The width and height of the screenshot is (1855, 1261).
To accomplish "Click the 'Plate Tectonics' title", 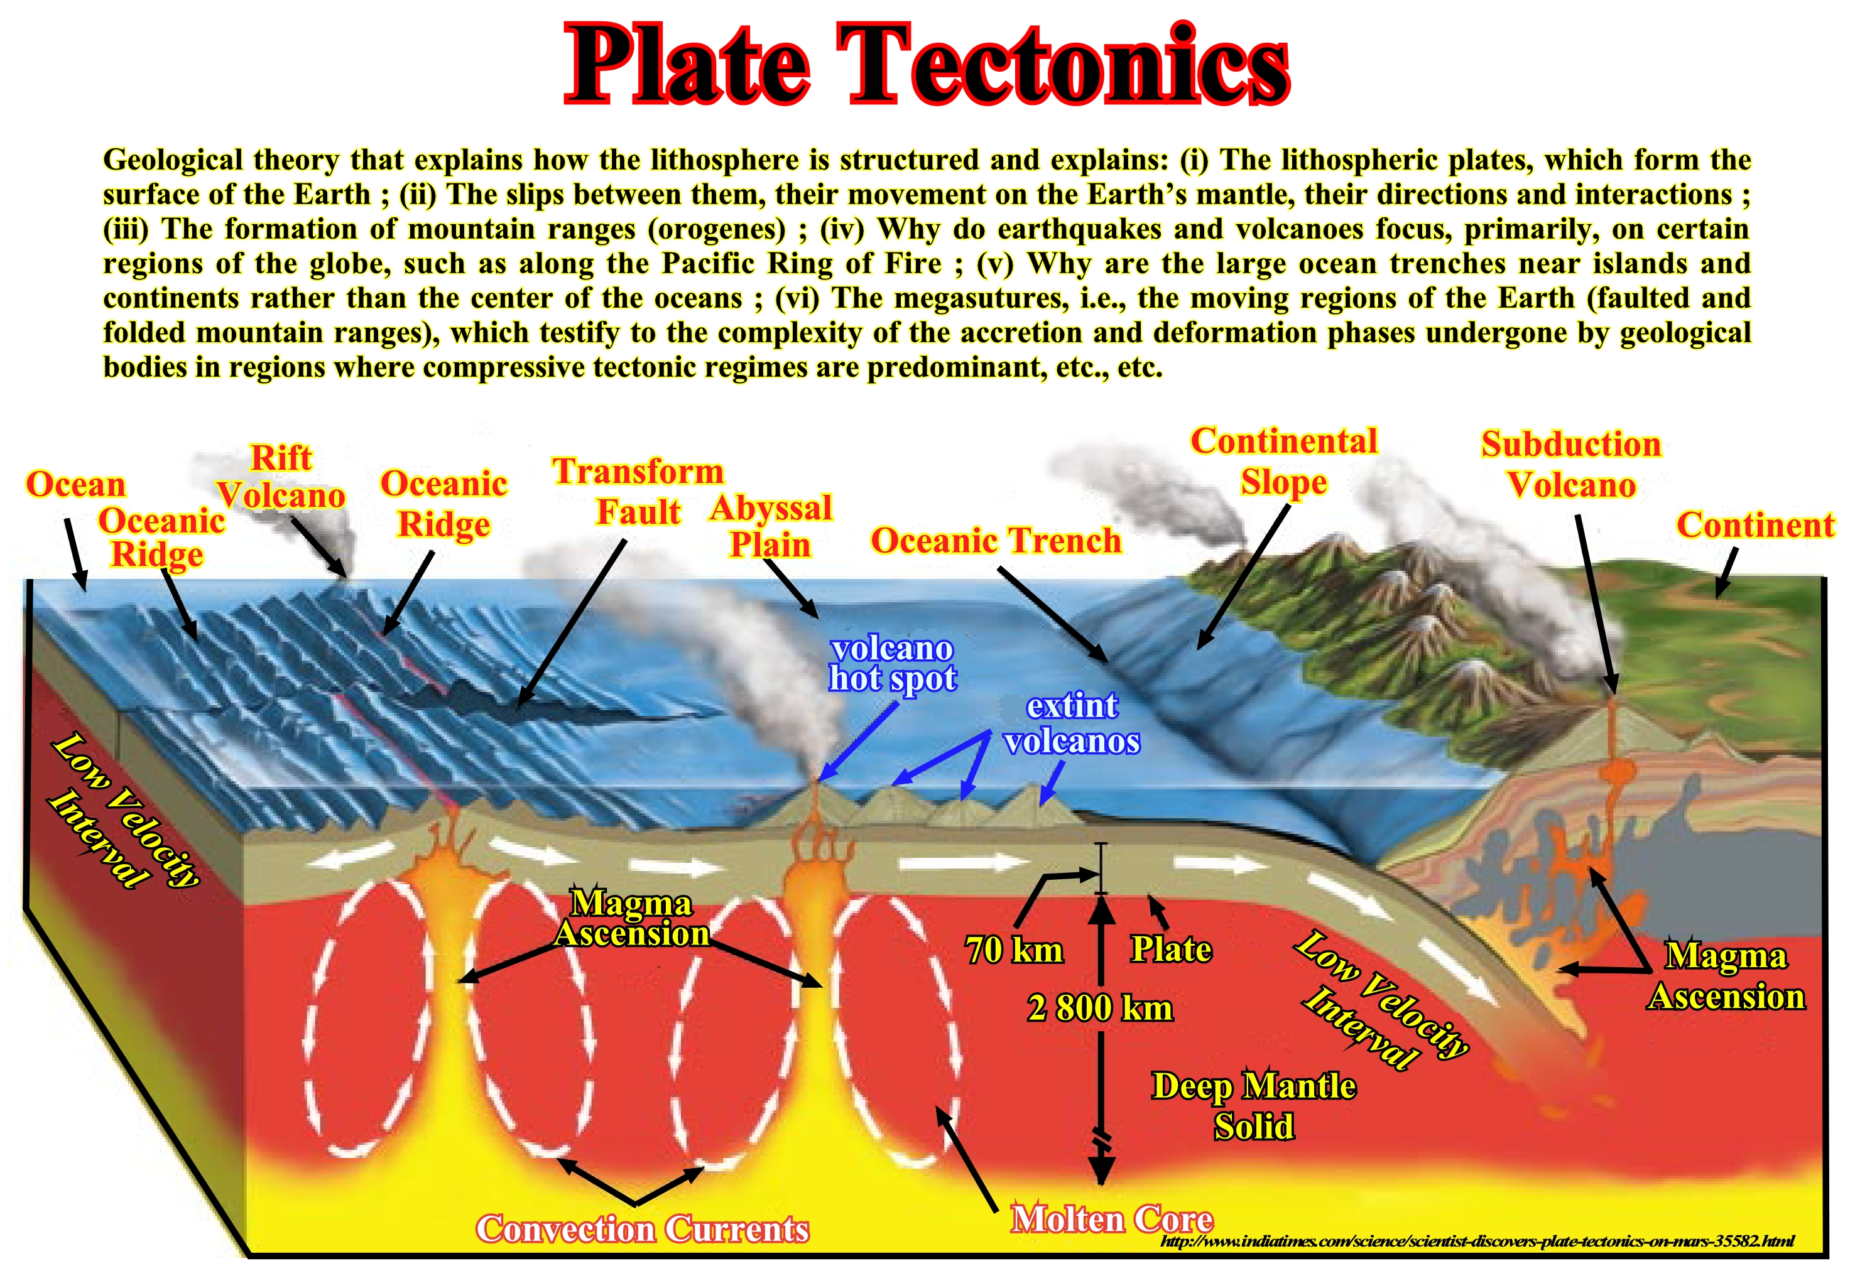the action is (927, 64).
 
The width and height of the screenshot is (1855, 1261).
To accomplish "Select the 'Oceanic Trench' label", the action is (996, 540).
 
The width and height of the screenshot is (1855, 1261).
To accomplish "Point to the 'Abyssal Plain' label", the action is (770, 526).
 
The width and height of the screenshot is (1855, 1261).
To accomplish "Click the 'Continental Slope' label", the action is (1283, 462).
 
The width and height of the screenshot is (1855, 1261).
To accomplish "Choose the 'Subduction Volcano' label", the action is (1571, 465).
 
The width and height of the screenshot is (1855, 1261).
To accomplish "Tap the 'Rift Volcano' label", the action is (281, 477).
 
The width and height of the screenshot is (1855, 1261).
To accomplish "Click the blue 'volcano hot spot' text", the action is (893, 663).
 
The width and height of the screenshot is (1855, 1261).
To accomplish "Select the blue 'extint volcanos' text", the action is (1072, 723).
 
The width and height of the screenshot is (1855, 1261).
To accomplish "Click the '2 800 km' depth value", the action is (1100, 1008).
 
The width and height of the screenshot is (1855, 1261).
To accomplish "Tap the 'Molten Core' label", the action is (1112, 1220).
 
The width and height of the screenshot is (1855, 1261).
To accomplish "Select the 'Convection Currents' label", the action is (643, 1229).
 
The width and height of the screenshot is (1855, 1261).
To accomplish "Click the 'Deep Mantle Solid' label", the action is (1254, 1106).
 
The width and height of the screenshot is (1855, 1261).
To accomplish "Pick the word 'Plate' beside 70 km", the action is (1171, 949).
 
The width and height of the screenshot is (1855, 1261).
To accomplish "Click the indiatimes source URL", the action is (1477, 1241).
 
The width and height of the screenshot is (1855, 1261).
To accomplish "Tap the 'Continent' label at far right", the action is (1755, 525).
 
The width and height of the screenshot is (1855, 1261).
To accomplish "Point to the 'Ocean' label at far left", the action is (76, 484).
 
